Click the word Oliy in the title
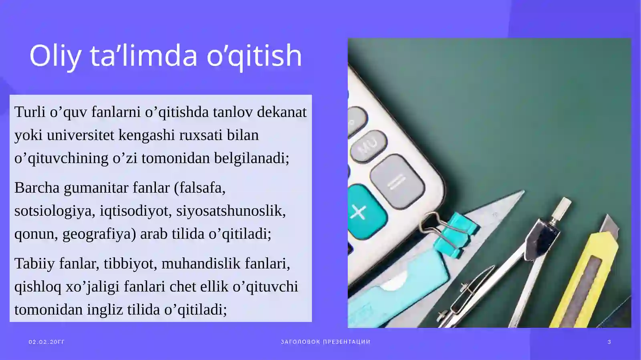point(55,56)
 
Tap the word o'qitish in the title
point(254,56)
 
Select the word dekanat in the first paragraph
point(282,112)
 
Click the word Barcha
point(37,188)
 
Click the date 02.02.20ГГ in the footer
point(46,342)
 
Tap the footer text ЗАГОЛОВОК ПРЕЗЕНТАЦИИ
point(325,342)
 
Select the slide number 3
point(609,342)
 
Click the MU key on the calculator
point(369,145)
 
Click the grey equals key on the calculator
point(397,182)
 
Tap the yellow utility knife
point(587,276)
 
